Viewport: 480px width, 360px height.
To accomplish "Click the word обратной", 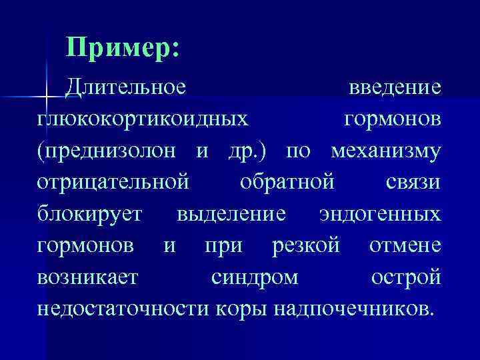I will tap(291, 182).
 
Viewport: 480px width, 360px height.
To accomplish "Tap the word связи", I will tap(413, 182).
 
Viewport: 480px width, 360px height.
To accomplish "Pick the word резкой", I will tap(306, 245).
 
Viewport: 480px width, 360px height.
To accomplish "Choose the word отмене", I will tap(405, 245).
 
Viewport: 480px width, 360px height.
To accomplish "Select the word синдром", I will tap(254, 277).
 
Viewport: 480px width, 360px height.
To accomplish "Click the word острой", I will tap(406, 277).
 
